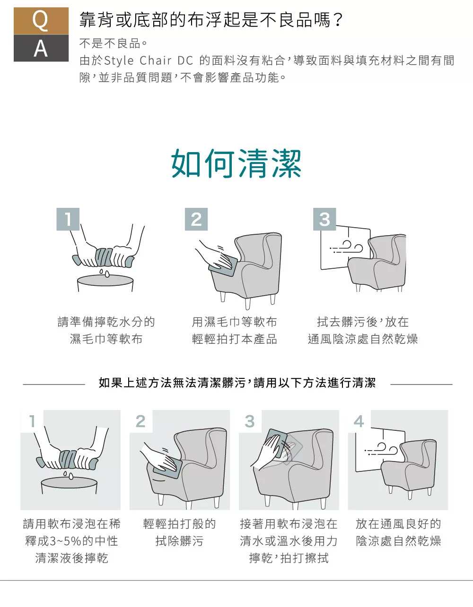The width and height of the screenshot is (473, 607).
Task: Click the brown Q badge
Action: tap(41, 21)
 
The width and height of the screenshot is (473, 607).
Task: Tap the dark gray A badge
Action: tap(41, 48)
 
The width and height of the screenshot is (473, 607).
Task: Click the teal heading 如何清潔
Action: tap(236, 163)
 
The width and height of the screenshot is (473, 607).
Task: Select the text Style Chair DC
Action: tap(149, 60)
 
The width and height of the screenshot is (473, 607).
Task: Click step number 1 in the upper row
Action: tap(68, 219)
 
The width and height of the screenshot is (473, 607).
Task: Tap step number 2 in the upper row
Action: tap(196, 219)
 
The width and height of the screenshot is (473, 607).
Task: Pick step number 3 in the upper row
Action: tap(324, 219)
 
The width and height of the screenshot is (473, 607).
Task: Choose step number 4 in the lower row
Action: tap(359, 421)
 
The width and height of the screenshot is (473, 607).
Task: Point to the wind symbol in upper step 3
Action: tap(346, 247)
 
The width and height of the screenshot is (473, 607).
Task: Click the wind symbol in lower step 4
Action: tap(381, 449)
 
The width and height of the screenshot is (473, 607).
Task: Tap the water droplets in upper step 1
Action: tap(105, 273)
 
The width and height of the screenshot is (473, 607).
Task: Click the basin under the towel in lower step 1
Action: tap(70, 485)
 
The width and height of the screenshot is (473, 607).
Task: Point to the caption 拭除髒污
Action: tap(179, 541)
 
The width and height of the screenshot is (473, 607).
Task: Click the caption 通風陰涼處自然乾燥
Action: tap(363, 339)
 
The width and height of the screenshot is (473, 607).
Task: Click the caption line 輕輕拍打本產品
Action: tap(235, 339)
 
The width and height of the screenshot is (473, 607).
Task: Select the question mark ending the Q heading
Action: tap(338, 20)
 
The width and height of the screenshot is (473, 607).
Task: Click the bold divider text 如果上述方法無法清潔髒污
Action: tap(172, 383)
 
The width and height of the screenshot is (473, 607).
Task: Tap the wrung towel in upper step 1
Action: tap(104, 257)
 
